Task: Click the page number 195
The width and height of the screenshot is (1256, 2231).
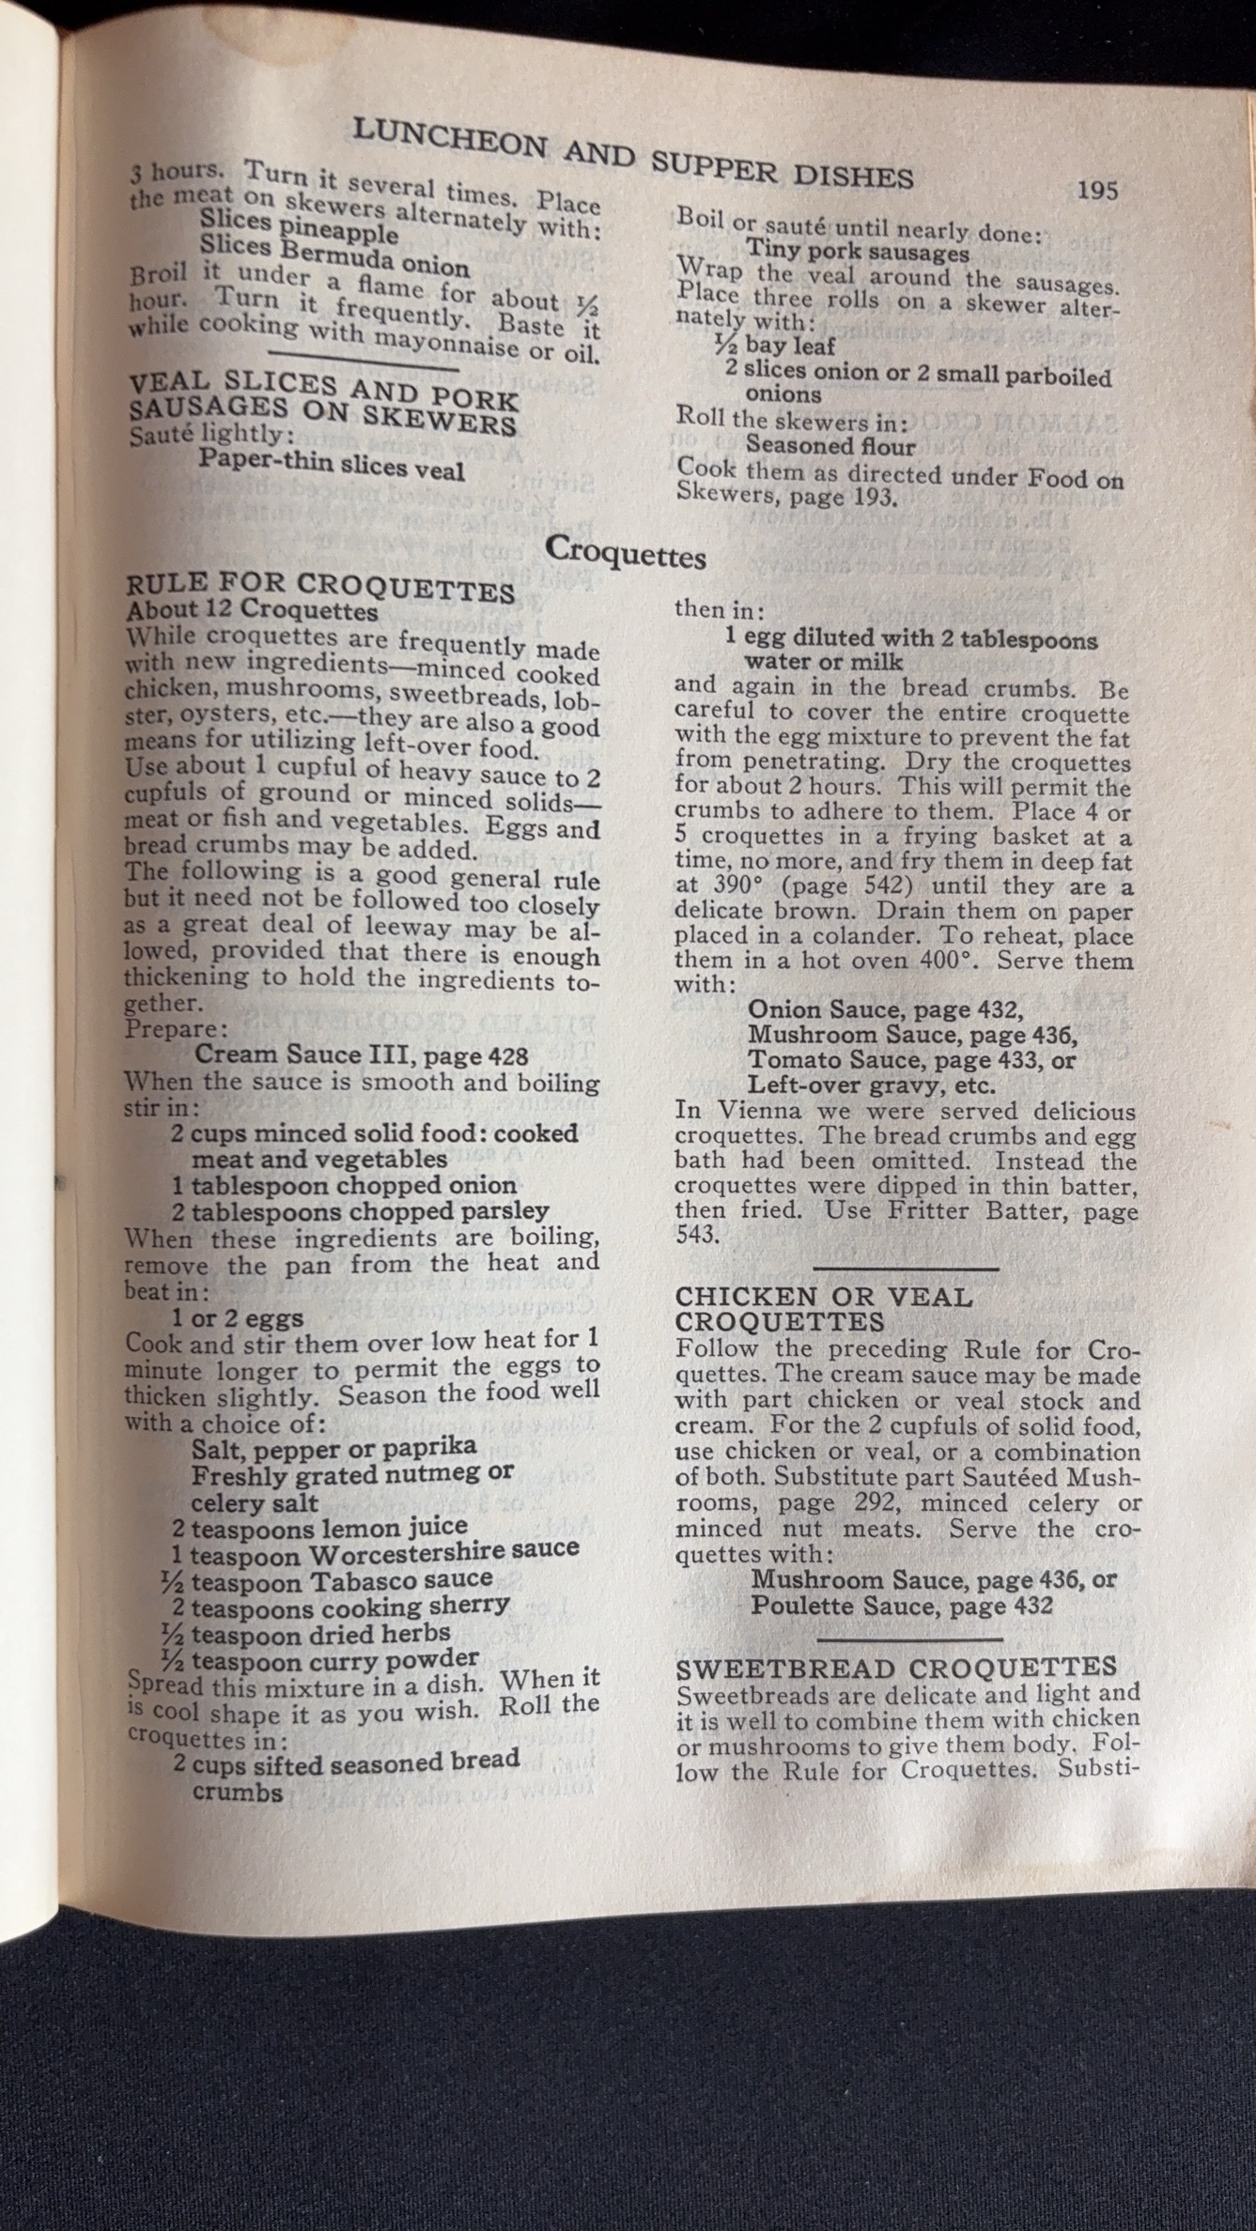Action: coord(1097,191)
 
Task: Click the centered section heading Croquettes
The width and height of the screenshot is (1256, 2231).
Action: coord(626,551)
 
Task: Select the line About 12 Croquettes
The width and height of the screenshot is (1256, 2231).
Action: coord(252,611)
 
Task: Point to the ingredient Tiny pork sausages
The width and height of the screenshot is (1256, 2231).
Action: coord(858,253)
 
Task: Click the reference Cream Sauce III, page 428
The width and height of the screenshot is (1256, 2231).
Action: coord(354,1055)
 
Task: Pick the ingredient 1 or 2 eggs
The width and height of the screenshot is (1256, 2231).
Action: coord(237,1318)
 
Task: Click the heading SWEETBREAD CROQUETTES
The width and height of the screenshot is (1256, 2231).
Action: coord(896,1668)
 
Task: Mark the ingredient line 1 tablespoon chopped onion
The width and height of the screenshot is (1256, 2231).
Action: coord(343,1185)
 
